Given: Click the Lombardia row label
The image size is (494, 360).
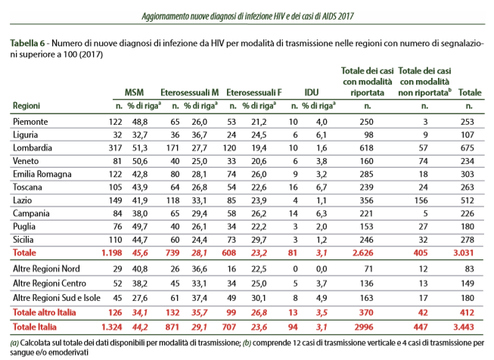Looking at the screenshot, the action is pyautogui.click(x=32, y=147).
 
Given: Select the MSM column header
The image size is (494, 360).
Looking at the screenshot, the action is pyautogui.click(x=134, y=92).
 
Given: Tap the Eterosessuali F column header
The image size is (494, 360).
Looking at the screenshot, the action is pyautogui.click(x=254, y=92).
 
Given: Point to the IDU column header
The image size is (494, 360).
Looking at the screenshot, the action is pyautogui.click(x=311, y=92).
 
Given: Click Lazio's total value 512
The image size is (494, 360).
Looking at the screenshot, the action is pyautogui.click(x=468, y=200).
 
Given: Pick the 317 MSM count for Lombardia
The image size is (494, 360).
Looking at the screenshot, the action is pyautogui.click(x=115, y=147).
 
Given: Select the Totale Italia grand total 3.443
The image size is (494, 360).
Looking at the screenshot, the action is pyautogui.click(x=464, y=327).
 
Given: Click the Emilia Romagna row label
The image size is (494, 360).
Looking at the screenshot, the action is pyautogui.click(x=42, y=174).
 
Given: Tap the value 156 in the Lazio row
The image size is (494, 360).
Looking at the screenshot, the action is pyautogui.click(x=421, y=200).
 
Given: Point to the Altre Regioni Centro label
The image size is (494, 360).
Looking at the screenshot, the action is pyautogui.click(x=49, y=284).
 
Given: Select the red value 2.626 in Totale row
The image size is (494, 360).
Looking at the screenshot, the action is pyautogui.click(x=363, y=253).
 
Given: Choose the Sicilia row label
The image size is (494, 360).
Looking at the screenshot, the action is pyautogui.click(x=23, y=240).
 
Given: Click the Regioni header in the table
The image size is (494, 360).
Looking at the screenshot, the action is pyautogui.click(x=26, y=106).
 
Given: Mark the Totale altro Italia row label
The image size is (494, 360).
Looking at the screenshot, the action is pyautogui.click(x=44, y=312).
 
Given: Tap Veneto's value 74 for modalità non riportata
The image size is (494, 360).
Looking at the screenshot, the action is pyautogui.click(x=423, y=161).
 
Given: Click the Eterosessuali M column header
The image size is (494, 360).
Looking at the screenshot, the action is pyautogui.click(x=190, y=92).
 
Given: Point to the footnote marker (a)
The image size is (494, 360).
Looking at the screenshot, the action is pyautogui.click(x=14, y=343).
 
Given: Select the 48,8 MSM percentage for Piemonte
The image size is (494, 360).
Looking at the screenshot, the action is pyautogui.click(x=140, y=122).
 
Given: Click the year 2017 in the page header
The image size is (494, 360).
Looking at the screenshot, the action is pyautogui.click(x=346, y=16).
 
